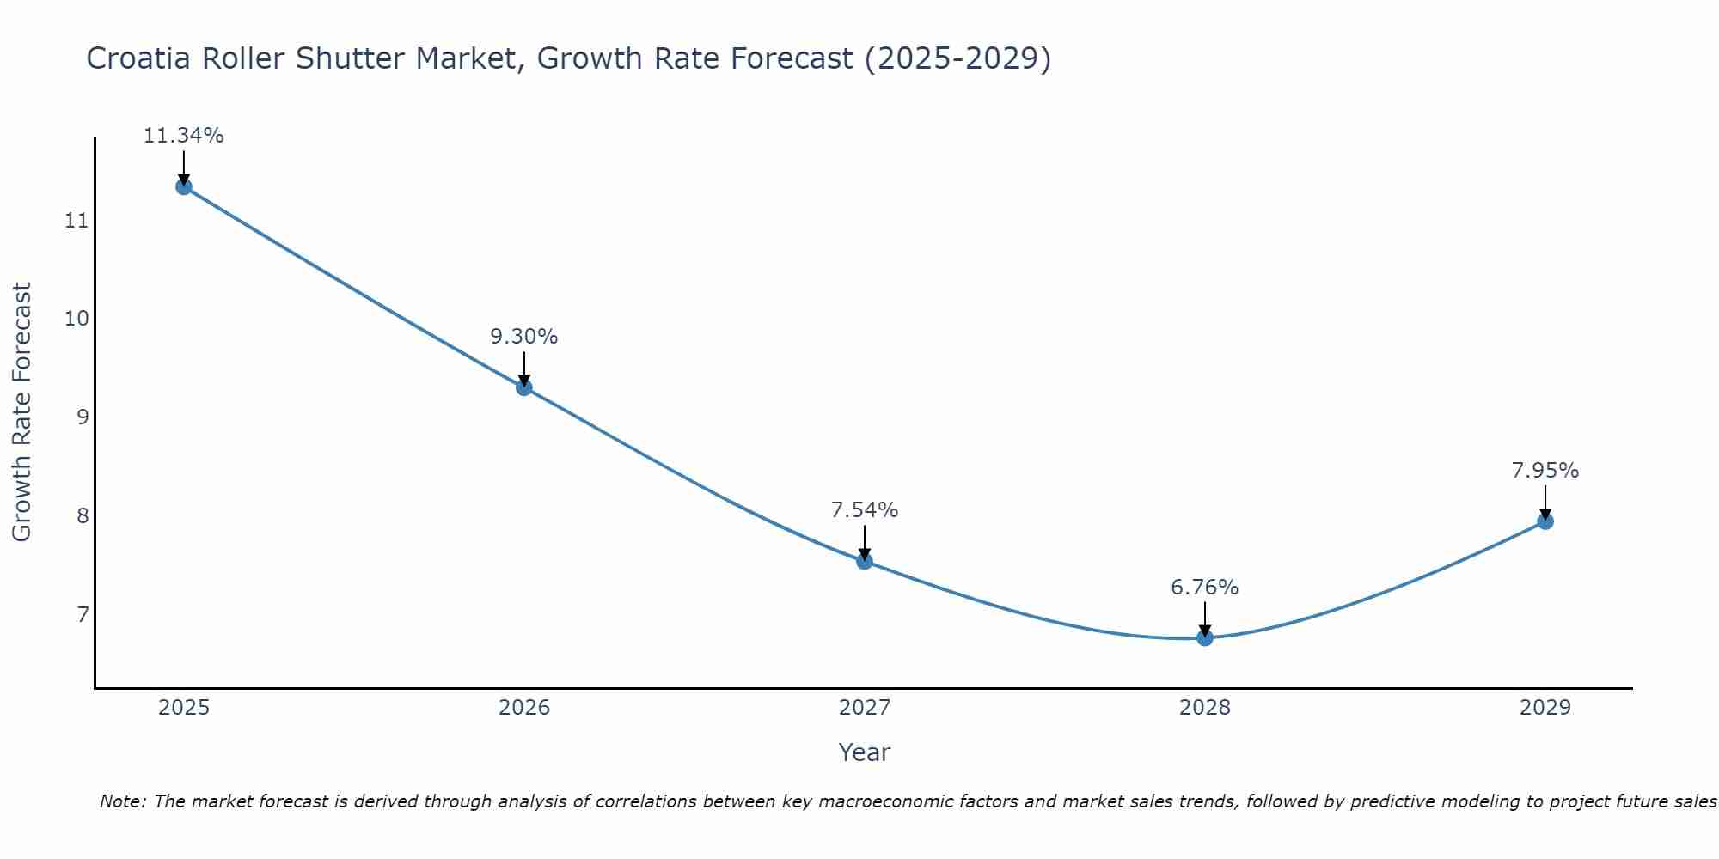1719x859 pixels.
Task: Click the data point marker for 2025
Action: tap(183, 186)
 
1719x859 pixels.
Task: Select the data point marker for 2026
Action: tap(523, 387)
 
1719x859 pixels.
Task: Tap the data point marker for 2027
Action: tap(865, 561)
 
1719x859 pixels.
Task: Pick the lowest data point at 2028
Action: tap(1205, 637)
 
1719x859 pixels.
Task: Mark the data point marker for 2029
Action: tap(1545, 521)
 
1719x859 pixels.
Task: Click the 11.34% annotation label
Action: tap(183, 136)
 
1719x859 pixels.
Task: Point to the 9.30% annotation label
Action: tap(523, 337)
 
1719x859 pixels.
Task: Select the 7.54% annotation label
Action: tap(865, 510)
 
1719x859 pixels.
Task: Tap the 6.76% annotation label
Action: tap(1205, 588)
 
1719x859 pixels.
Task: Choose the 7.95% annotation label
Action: tap(1545, 471)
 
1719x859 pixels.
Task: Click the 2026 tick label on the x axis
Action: tap(524, 708)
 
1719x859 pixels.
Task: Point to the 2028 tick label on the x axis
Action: tap(1205, 708)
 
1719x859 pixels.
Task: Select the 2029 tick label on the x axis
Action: tap(1545, 708)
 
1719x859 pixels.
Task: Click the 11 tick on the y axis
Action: tap(76, 221)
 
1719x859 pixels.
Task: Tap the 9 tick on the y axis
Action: tap(82, 417)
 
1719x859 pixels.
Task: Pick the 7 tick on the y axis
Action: tap(82, 614)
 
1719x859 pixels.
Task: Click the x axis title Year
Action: tap(864, 752)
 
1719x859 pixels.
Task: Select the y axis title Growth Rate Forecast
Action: tap(21, 412)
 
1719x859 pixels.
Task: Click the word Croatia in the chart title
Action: tap(139, 58)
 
